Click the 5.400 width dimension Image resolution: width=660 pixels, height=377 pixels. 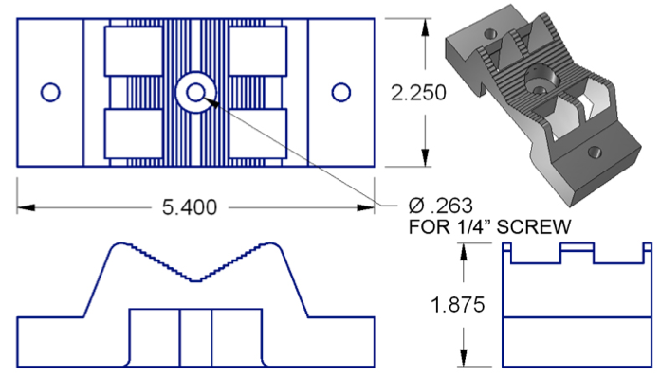[190, 207]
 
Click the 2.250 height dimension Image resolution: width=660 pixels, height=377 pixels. [418, 93]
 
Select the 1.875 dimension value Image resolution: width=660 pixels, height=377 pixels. [457, 304]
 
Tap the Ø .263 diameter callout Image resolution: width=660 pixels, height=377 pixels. [441, 206]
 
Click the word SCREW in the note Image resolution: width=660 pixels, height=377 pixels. [534, 227]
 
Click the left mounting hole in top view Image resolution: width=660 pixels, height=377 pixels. [50, 93]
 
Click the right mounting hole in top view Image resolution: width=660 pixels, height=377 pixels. [341, 93]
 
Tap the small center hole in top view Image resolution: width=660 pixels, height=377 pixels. [195, 93]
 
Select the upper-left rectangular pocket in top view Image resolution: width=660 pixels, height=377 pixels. [134, 51]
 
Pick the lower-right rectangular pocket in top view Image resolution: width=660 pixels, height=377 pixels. [258, 134]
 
